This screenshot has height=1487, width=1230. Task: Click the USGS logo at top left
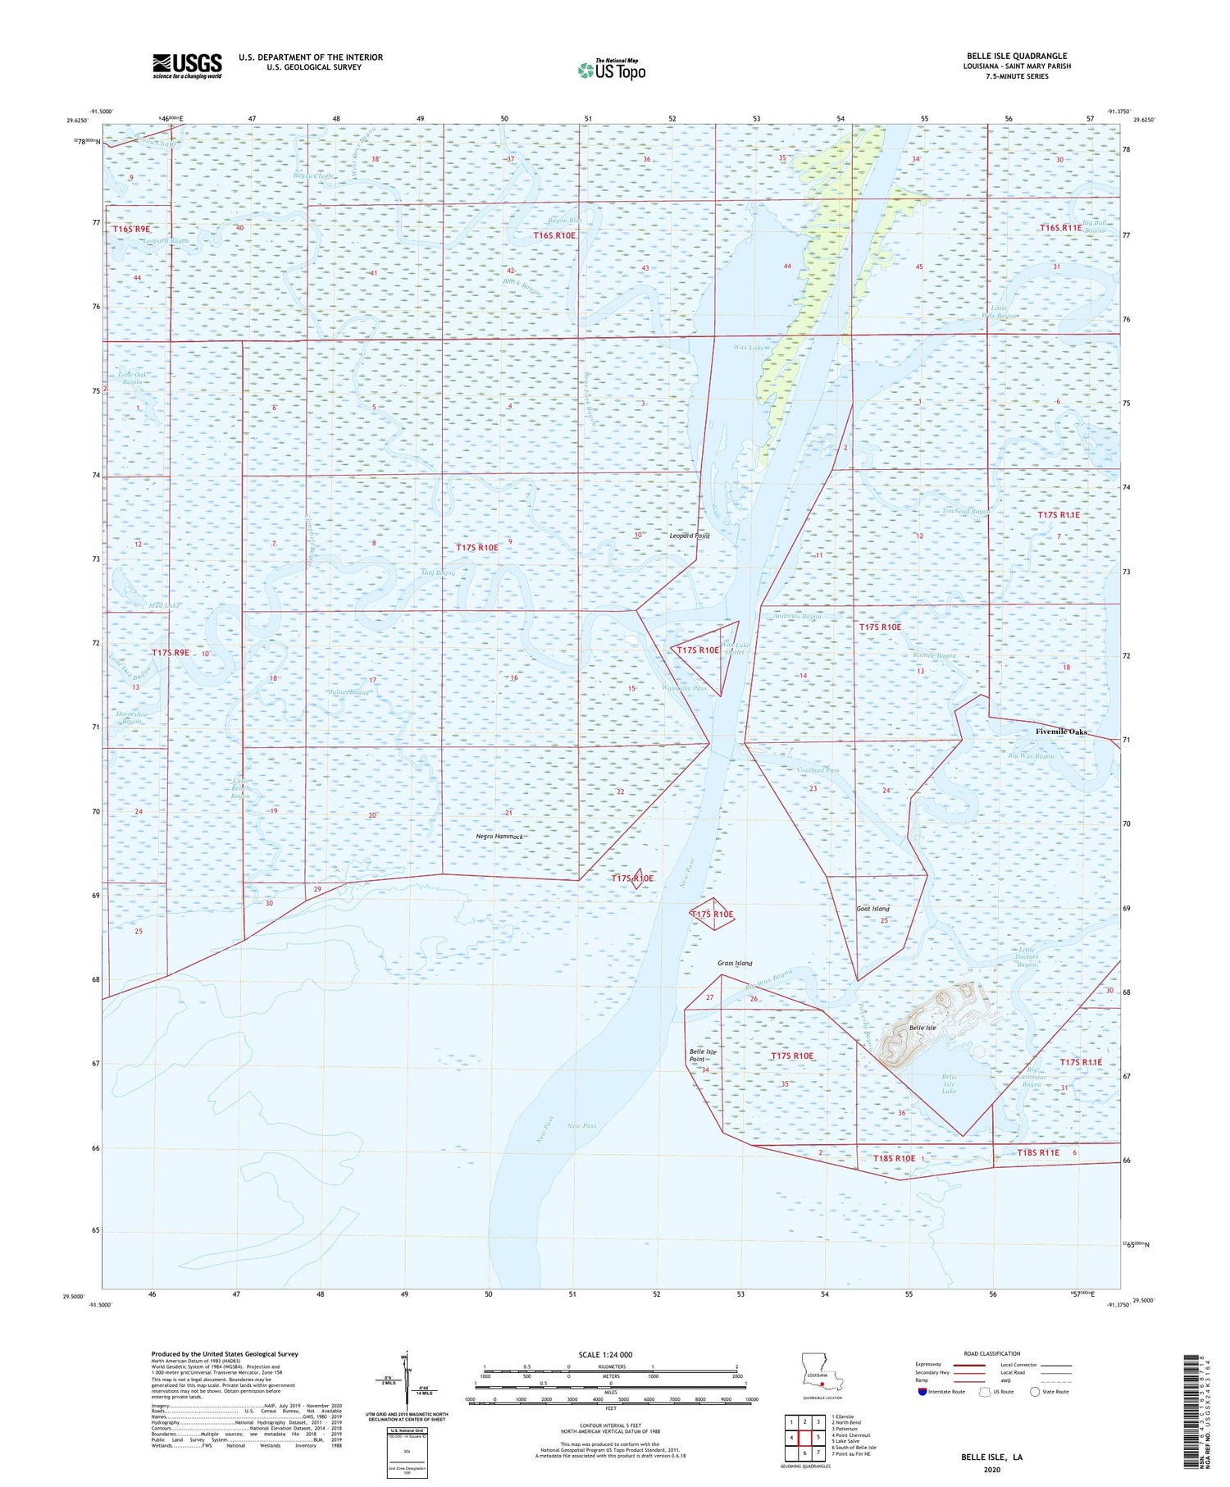[187, 66]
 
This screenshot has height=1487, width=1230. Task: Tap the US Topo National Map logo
[611, 71]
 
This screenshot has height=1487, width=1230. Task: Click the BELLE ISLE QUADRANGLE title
[1017, 57]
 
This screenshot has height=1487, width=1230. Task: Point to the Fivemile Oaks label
[1061, 732]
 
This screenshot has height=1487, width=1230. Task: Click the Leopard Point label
[690, 536]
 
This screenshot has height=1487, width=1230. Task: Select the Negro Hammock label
[499, 837]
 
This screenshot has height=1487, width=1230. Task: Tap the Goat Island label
[872, 909]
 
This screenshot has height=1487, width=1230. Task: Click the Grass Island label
[735, 963]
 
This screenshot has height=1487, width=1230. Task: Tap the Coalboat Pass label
[818, 770]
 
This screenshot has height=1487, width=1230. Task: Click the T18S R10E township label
[894, 1158]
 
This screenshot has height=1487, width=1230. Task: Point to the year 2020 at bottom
[992, 1470]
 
